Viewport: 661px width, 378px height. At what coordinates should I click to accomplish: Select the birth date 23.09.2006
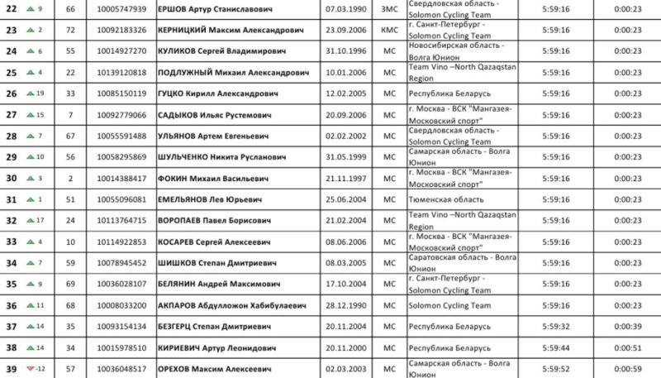[x=346, y=31]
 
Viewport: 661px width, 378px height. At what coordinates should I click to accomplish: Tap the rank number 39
[x=12, y=369]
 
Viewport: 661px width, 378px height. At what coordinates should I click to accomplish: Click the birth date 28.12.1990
[x=346, y=305]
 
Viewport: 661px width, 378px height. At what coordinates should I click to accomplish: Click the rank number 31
[x=12, y=199]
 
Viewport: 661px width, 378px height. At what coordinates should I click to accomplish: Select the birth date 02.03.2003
[x=346, y=369]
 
